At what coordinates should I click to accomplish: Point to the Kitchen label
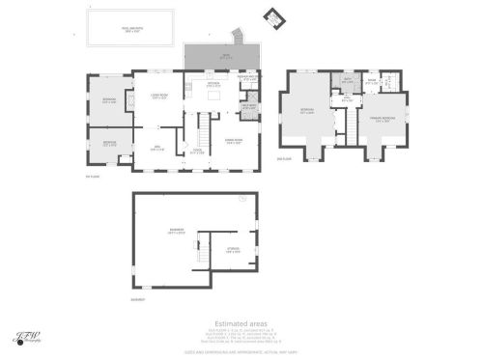(x=214, y=84)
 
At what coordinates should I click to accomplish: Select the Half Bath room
(x=248, y=107)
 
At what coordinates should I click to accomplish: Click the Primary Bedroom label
(x=383, y=120)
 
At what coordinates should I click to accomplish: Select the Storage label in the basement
(x=233, y=250)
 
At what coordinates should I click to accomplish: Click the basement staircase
(x=202, y=253)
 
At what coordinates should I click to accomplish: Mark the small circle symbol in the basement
(x=243, y=201)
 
